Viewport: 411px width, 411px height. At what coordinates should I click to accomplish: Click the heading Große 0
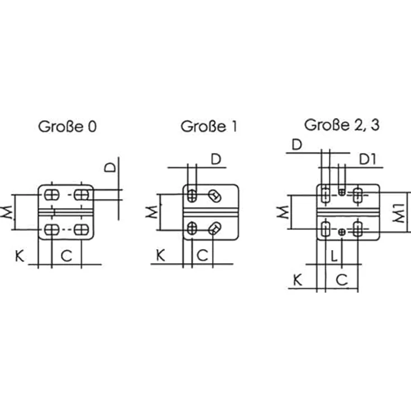68,127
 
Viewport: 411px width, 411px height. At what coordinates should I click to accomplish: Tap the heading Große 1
209,126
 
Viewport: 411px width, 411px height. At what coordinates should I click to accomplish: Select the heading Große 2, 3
342,125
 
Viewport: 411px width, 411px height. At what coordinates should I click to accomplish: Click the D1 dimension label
367,159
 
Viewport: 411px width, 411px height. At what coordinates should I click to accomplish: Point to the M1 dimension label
399,213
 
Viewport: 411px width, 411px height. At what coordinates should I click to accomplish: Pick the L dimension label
334,256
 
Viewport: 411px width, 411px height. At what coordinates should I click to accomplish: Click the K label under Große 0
20,256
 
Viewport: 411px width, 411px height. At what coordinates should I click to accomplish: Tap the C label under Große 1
202,255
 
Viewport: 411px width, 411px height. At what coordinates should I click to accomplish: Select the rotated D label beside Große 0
110,167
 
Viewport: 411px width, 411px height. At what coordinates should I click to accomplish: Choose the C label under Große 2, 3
342,280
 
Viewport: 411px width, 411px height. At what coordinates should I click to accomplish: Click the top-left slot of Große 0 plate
51,195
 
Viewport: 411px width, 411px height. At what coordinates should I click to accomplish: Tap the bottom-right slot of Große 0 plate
82,230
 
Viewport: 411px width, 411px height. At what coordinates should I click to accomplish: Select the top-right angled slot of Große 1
214,196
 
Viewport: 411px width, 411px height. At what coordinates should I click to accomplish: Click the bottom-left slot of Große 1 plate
192,228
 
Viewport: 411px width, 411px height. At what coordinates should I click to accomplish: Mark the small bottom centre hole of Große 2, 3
342,232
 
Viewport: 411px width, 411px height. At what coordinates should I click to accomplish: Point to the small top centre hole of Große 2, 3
342,192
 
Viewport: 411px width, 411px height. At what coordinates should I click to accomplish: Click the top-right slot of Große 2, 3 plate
357,195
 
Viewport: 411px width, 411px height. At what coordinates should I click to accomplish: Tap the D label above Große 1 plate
216,159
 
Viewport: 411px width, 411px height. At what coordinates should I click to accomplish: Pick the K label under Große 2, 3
298,280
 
